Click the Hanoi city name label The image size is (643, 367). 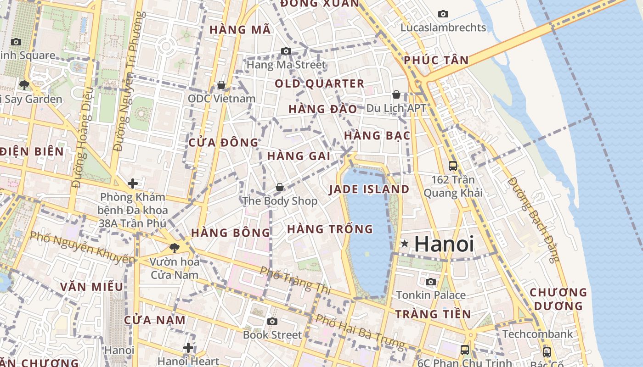point(444,244)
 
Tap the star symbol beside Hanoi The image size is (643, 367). point(404,244)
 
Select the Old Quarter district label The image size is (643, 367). point(320,84)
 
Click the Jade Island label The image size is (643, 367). point(369,189)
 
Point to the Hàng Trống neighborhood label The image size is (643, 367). point(330,229)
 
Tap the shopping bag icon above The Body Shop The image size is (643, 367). point(279,187)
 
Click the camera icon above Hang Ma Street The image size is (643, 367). point(286,51)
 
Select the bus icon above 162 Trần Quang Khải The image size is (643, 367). point(453,166)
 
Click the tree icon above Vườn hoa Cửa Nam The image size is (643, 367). point(174,248)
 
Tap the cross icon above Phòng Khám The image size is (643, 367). point(133,184)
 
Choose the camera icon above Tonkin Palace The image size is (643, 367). point(431,282)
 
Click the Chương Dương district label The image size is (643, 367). point(558,299)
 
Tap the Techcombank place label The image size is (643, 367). point(538,334)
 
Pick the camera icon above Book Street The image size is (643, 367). point(272,321)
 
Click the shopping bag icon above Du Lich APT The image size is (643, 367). point(396,95)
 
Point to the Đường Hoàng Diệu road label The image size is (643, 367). point(83,138)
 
